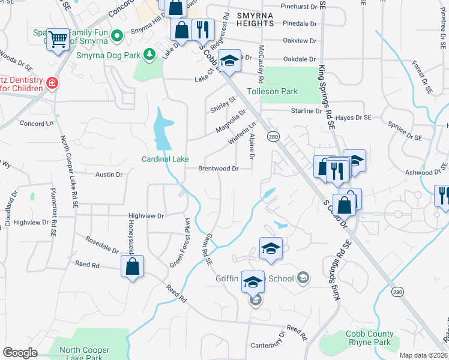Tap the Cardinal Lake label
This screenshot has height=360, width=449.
[165, 159]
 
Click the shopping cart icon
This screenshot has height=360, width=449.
[58, 40]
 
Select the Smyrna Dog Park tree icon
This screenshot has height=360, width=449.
[150, 55]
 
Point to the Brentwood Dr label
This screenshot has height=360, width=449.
[218, 169]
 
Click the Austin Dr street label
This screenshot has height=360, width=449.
[109, 175]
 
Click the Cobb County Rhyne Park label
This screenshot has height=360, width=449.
[370, 338]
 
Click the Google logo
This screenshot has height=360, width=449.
[20, 353]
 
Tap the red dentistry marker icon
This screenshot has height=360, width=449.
[52, 82]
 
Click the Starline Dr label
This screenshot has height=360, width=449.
[306, 111]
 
